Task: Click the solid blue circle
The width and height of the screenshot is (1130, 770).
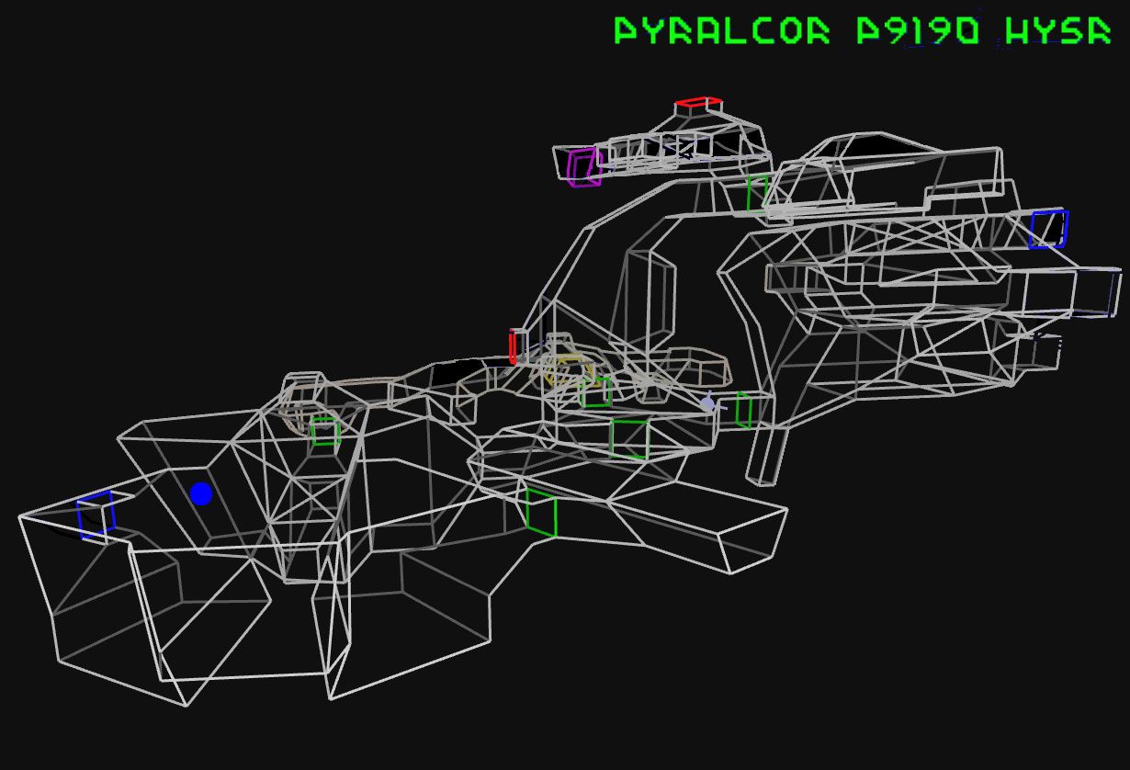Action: (201, 493)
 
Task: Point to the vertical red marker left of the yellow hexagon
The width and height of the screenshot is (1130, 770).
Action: (512, 346)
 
